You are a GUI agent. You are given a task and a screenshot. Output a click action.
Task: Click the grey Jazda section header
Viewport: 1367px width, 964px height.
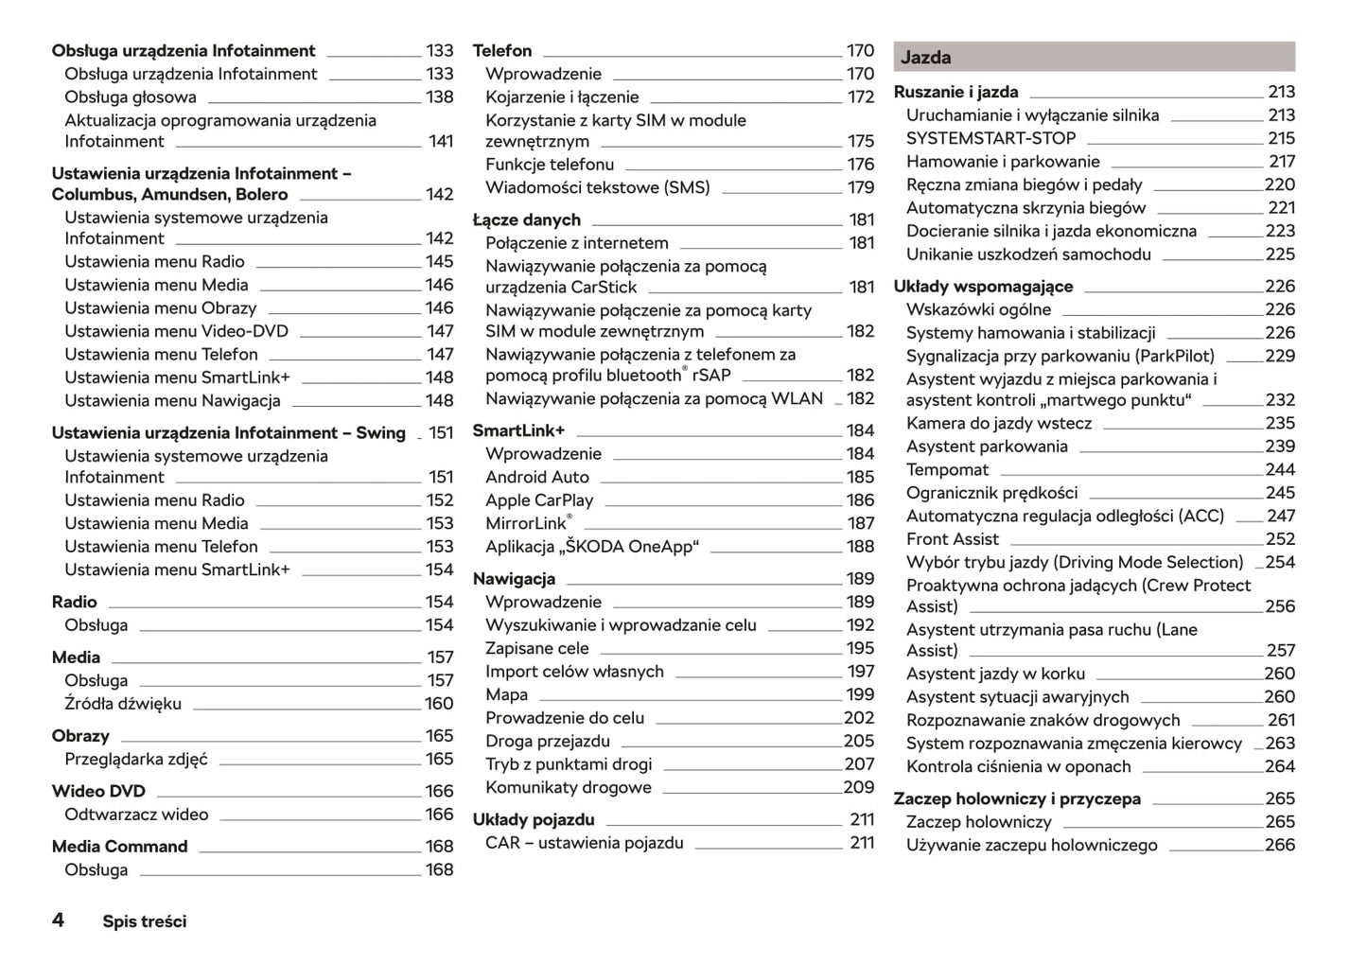(x=1094, y=57)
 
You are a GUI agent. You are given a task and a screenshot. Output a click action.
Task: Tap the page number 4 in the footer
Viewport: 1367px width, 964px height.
(x=58, y=920)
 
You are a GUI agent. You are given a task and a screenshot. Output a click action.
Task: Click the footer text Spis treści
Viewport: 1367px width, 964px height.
(x=145, y=921)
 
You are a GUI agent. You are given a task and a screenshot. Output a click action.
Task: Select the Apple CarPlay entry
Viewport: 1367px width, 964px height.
(x=539, y=500)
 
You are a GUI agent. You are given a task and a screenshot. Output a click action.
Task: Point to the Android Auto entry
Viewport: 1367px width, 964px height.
(x=537, y=477)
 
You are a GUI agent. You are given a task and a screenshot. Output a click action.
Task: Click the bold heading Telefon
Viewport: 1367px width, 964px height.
(x=502, y=50)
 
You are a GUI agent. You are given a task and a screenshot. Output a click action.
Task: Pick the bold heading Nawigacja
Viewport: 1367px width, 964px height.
(x=514, y=578)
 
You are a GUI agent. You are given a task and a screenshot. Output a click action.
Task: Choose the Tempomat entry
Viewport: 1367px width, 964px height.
(x=947, y=469)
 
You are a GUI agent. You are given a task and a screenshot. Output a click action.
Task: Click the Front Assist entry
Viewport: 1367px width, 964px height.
(x=952, y=539)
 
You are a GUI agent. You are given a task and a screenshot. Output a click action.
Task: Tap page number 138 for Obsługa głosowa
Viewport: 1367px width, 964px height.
(x=439, y=96)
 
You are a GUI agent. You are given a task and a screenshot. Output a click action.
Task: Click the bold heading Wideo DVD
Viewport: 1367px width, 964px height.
(x=98, y=791)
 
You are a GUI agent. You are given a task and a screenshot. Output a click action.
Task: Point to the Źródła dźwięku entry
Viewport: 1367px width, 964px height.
(x=123, y=704)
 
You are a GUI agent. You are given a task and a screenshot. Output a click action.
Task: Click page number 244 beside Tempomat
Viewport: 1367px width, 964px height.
(x=1280, y=469)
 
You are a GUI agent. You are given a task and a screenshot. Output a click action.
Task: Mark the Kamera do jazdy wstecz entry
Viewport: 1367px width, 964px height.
(x=998, y=423)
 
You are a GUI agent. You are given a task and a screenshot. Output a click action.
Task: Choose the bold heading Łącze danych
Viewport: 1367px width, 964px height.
(x=527, y=219)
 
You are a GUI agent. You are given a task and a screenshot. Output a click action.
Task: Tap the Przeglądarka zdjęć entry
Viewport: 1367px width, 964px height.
(x=136, y=759)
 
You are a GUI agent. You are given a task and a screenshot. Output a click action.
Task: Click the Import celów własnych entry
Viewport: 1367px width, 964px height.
(x=574, y=672)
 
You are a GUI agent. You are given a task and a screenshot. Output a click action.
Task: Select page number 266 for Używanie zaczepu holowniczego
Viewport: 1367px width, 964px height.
(x=1280, y=845)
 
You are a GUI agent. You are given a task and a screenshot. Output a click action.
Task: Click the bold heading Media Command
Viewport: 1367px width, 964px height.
(x=120, y=846)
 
